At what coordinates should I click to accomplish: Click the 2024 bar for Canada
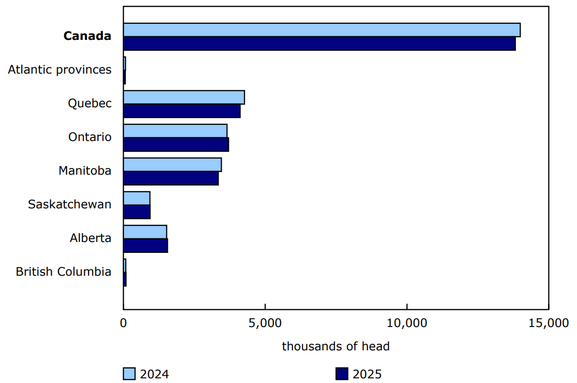point(322,30)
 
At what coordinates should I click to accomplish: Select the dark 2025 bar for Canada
point(319,44)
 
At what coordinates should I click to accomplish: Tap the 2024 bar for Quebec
point(184,97)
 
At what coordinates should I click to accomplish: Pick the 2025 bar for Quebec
point(182,111)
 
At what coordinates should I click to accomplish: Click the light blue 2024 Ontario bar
point(175,131)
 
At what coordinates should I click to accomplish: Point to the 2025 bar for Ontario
point(176,145)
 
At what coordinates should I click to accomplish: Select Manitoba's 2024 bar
point(172,165)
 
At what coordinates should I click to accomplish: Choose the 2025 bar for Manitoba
point(171,178)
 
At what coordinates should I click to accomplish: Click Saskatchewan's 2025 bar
point(137,212)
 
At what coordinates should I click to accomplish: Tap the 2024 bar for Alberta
point(145,232)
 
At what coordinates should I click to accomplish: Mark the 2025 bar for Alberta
point(146,246)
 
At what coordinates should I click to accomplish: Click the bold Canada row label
point(87,36)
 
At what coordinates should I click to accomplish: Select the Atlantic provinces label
point(60,69)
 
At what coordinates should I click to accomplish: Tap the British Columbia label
point(63,272)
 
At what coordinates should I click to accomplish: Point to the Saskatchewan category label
point(69,204)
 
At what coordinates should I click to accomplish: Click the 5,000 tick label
point(265,323)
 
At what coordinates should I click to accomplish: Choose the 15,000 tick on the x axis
point(549,323)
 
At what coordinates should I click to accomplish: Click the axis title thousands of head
point(336,346)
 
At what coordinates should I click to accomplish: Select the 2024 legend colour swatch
point(129,374)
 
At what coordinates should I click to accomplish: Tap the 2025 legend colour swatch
point(342,374)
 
